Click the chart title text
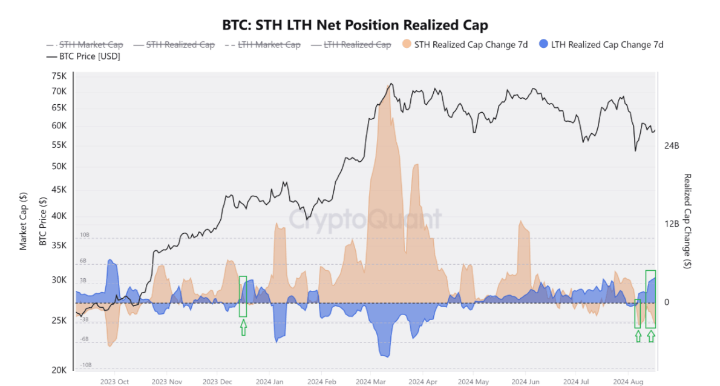click(x=355, y=25)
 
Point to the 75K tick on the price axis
click(x=59, y=76)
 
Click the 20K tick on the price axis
click(x=59, y=370)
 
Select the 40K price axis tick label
click(x=59, y=216)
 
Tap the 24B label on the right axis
click(x=672, y=146)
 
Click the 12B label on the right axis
click(x=672, y=224)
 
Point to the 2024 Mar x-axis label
click(x=371, y=382)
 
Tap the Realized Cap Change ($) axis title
click(x=687, y=221)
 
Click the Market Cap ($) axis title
click(x=24, y=221)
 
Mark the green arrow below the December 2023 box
click(x=243, y=328)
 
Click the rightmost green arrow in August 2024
click(x=651, y=336)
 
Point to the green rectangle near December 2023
click(x=243, y=296)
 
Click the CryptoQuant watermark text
click(x=364, y=219)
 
